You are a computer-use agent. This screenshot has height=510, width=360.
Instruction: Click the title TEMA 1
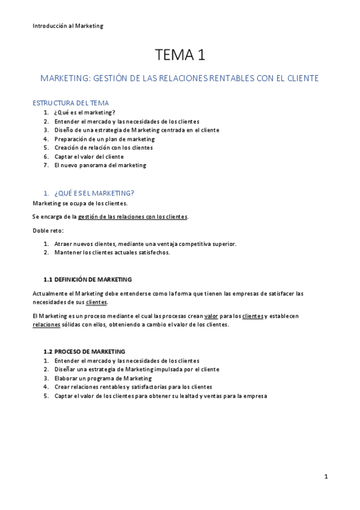point(180,56)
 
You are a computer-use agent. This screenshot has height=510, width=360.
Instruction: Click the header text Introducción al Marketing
point(68,26)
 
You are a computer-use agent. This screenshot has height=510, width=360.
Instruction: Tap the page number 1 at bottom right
point(326,477)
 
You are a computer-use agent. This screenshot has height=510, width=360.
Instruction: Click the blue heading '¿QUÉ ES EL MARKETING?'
point(94,193)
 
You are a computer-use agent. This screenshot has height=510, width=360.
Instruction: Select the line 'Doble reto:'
point(48,230)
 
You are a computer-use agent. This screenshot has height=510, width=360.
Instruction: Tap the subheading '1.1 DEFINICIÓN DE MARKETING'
point(88,280)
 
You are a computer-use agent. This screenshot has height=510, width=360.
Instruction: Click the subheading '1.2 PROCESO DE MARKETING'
point(84,351)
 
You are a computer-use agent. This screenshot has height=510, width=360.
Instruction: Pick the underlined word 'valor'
point(211,316)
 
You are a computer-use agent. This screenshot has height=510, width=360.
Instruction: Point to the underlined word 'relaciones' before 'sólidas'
point(46,325)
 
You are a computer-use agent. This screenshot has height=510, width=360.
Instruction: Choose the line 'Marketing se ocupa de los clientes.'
point(80,203)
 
